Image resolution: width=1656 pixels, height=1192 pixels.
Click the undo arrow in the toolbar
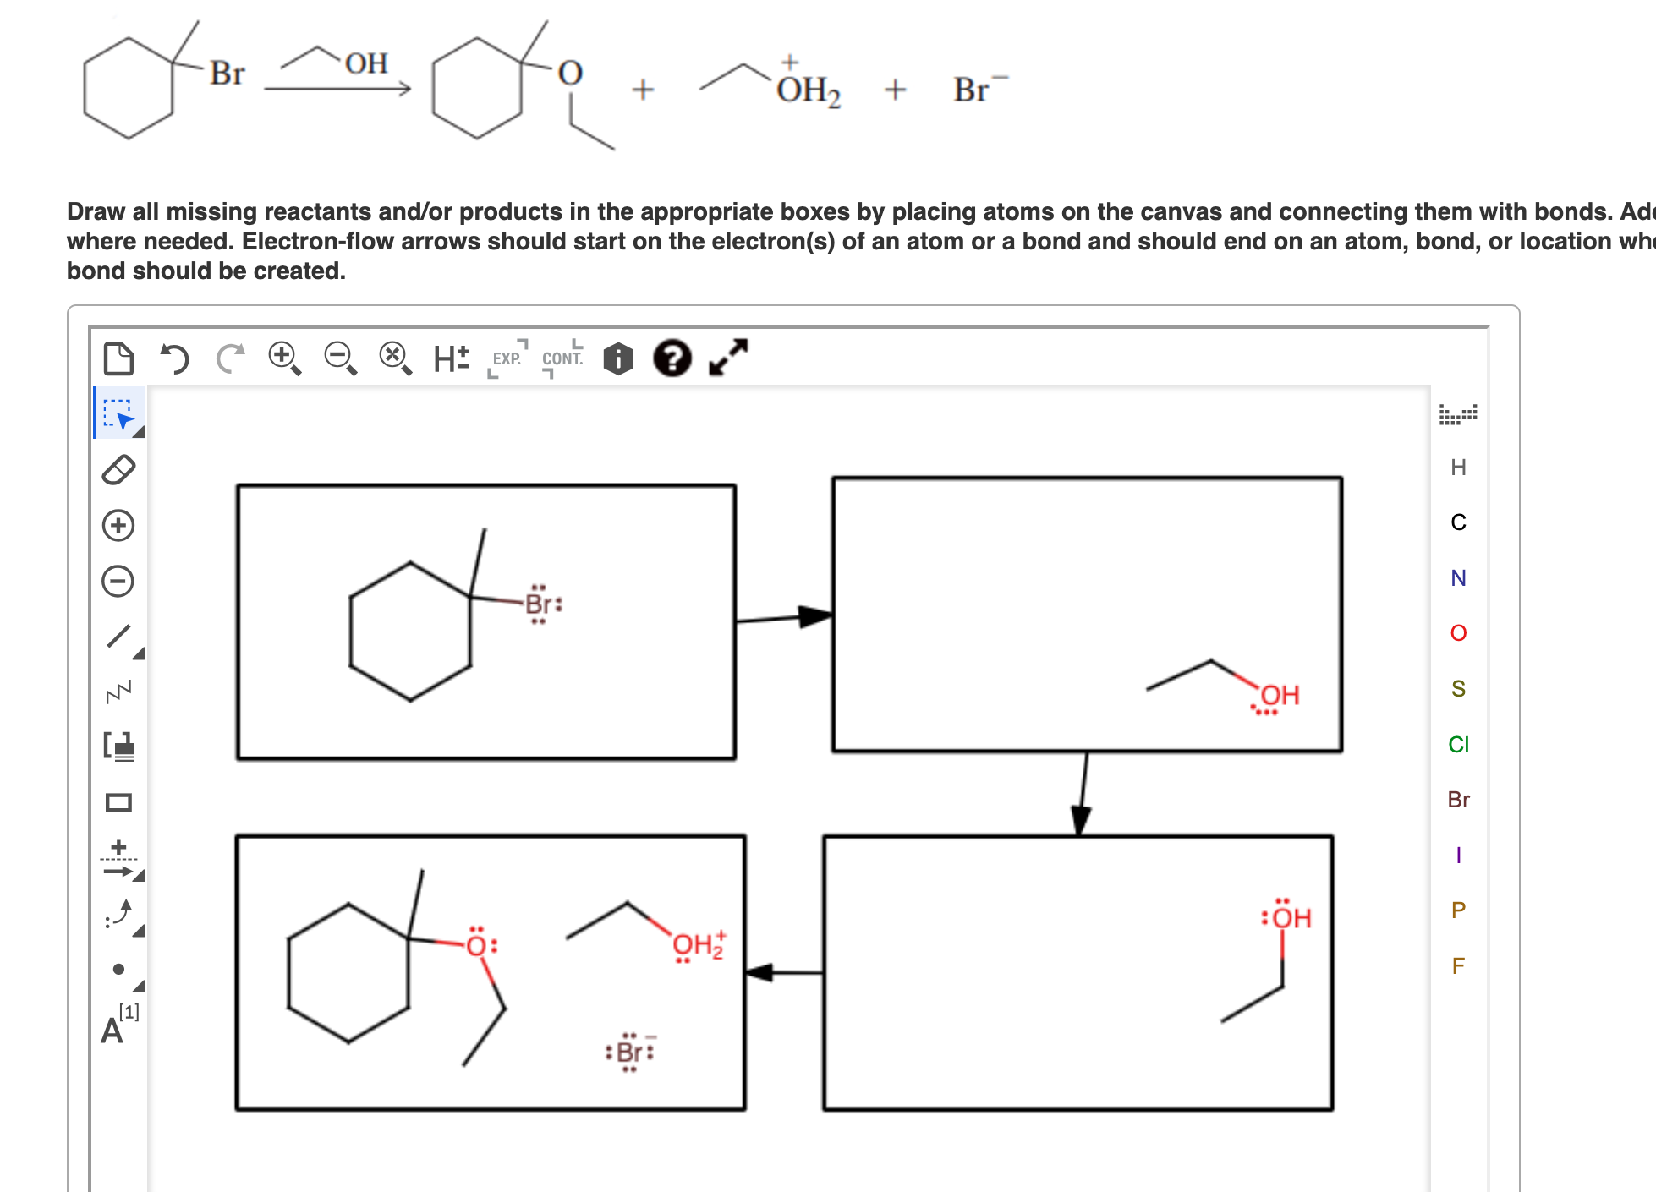point(174,358)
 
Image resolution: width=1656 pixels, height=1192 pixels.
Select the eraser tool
point(118,470)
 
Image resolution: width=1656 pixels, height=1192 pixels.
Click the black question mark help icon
point(672,358)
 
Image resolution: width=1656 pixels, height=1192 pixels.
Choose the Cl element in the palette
point(1458,744)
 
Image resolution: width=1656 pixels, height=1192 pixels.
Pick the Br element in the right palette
point(1458,800)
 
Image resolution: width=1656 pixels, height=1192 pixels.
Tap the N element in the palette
point(1458,578)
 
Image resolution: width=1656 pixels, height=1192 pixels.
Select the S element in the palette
point(1458,689)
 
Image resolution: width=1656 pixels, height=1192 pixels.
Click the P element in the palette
point(1458,910)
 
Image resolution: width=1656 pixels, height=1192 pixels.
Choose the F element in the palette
point(1458,965)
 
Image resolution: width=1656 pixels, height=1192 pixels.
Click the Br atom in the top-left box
point(539,604)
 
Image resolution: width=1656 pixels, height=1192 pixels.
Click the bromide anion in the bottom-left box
point(629,1052)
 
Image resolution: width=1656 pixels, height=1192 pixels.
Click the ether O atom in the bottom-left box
point(477,945)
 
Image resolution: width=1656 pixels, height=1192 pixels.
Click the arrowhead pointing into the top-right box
point(815,616)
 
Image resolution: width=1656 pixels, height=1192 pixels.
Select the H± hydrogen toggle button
point(451,358)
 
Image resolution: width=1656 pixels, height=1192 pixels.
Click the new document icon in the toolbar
point(118,358)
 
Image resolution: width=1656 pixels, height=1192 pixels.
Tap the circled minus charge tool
point(118,581)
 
